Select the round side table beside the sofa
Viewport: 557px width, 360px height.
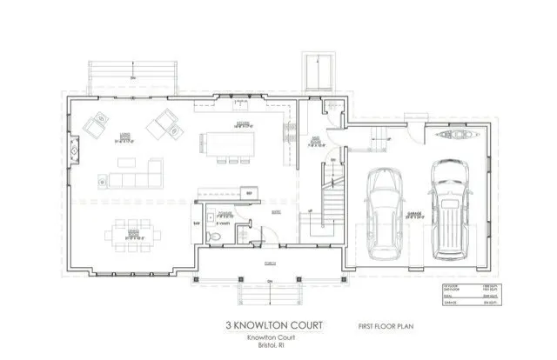point(103,182)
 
